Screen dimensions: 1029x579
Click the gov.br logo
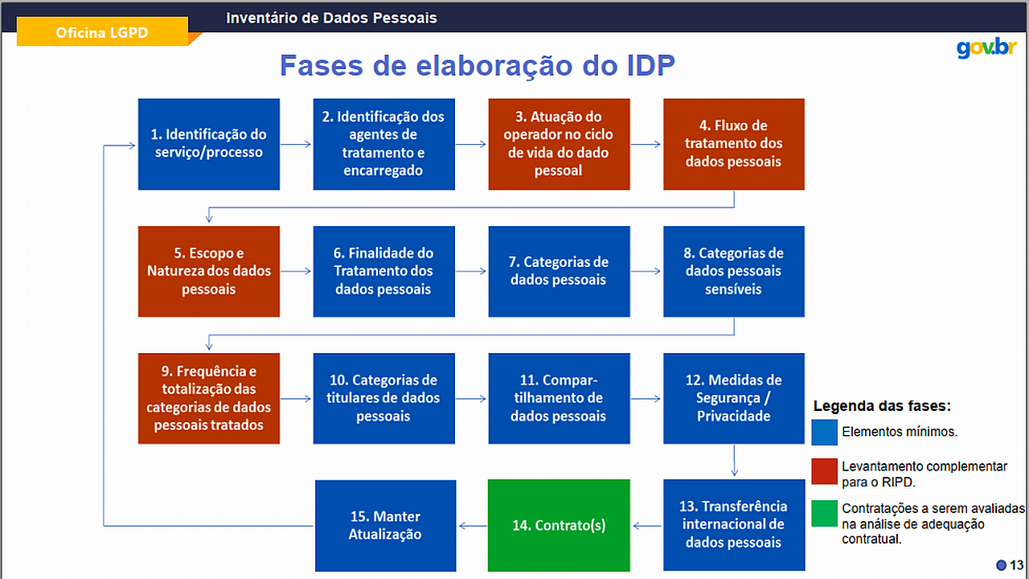[x=986, y=47]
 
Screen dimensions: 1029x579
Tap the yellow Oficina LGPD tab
[x=102, y=31]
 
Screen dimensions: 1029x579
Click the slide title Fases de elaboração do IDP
[x=478, y=65]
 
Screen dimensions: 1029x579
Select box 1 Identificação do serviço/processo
[x=209, y=144]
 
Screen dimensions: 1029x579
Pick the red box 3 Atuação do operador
[x=559, y=144]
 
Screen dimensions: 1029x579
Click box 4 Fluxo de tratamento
[x=734, y=144]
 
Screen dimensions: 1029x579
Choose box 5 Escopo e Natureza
[x=209, y=271]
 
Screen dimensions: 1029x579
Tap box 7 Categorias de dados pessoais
[x=559, y=271]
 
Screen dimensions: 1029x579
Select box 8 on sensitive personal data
[x=734, y=271]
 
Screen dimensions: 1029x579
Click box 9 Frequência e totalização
[x=209, y=398]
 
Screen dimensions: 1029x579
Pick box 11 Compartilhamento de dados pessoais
[x=559, y=398]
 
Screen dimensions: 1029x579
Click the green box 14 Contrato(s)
[x=559, y=525]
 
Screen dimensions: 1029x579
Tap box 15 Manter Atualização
[x=385, y=526]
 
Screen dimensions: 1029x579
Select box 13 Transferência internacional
[x=734, y=525]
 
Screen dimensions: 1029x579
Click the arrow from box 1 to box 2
[x=296, y=144]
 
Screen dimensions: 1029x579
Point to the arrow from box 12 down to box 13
[x=734, y=460]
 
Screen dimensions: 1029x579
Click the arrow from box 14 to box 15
[x=474, y=526]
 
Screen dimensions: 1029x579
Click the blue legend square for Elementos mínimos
[x=824, y=432]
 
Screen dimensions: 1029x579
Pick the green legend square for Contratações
[x=824, y=513]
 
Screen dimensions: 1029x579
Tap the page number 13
[x=1017, y=565]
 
